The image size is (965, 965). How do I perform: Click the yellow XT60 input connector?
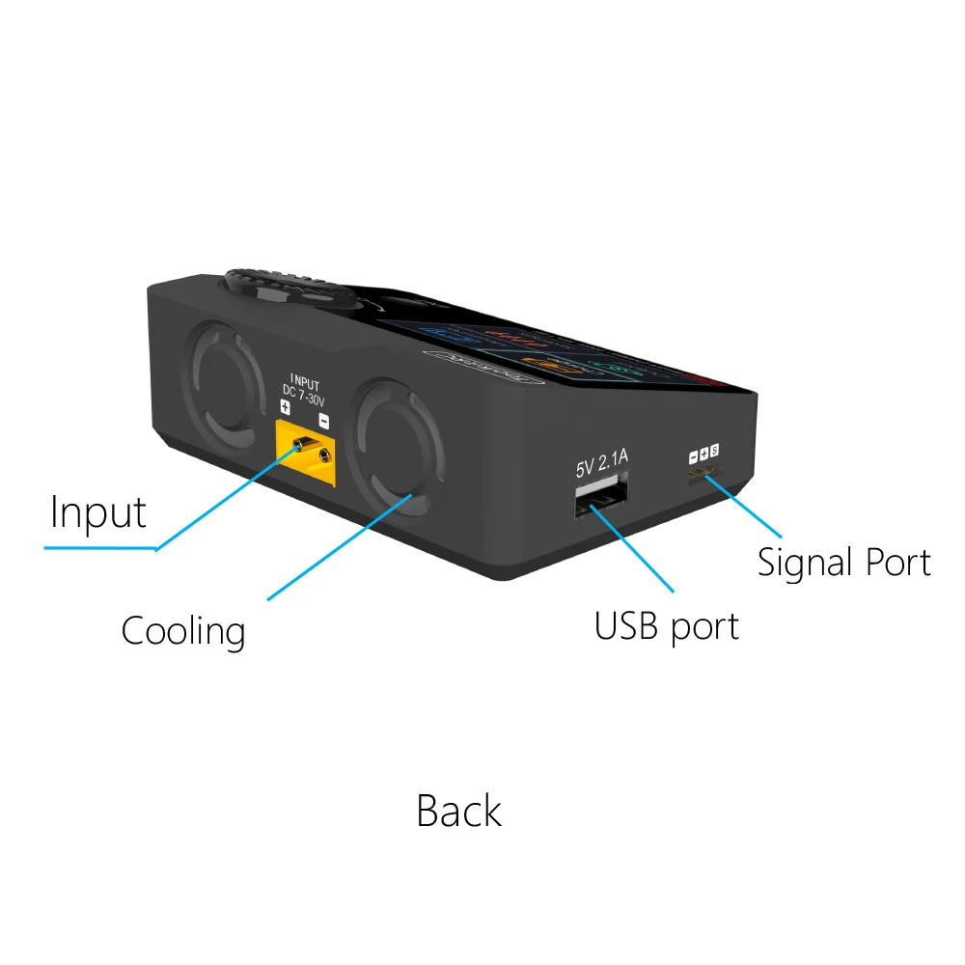307,455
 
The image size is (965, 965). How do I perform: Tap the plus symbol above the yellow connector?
285,408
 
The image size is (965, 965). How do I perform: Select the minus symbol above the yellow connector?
324,421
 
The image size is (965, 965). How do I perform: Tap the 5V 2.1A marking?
601,466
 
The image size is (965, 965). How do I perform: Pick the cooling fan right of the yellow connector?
395,447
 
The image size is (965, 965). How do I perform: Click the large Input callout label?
97,513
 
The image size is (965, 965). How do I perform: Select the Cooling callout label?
183,632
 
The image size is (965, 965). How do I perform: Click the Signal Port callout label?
843,563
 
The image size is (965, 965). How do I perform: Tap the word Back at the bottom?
458,811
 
